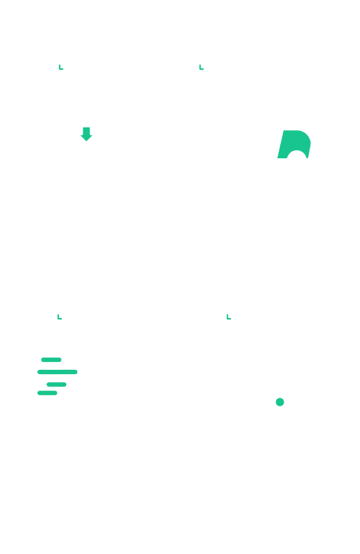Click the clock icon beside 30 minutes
pyautogui.click(x=60, y=69)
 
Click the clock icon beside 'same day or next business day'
pyautogui.click(x=199, y=69)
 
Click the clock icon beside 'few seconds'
pyautogui.click(x=58, y=319)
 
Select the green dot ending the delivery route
pyautogui.click(x=280, y=401)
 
